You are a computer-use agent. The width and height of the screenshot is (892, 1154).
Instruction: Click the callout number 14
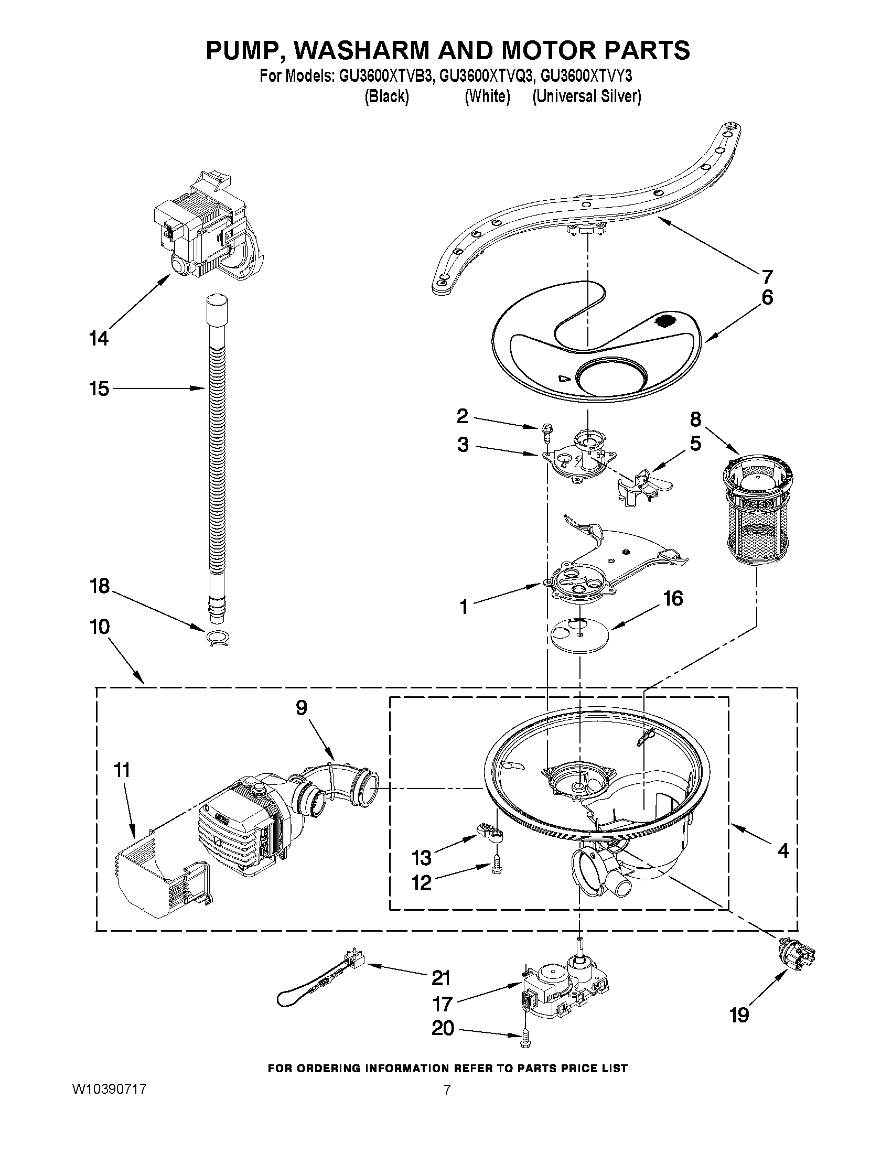click(99, 338)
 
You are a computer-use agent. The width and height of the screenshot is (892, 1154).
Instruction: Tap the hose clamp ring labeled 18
click(217, 638)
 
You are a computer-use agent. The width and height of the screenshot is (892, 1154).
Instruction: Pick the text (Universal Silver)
click(587, 96)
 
